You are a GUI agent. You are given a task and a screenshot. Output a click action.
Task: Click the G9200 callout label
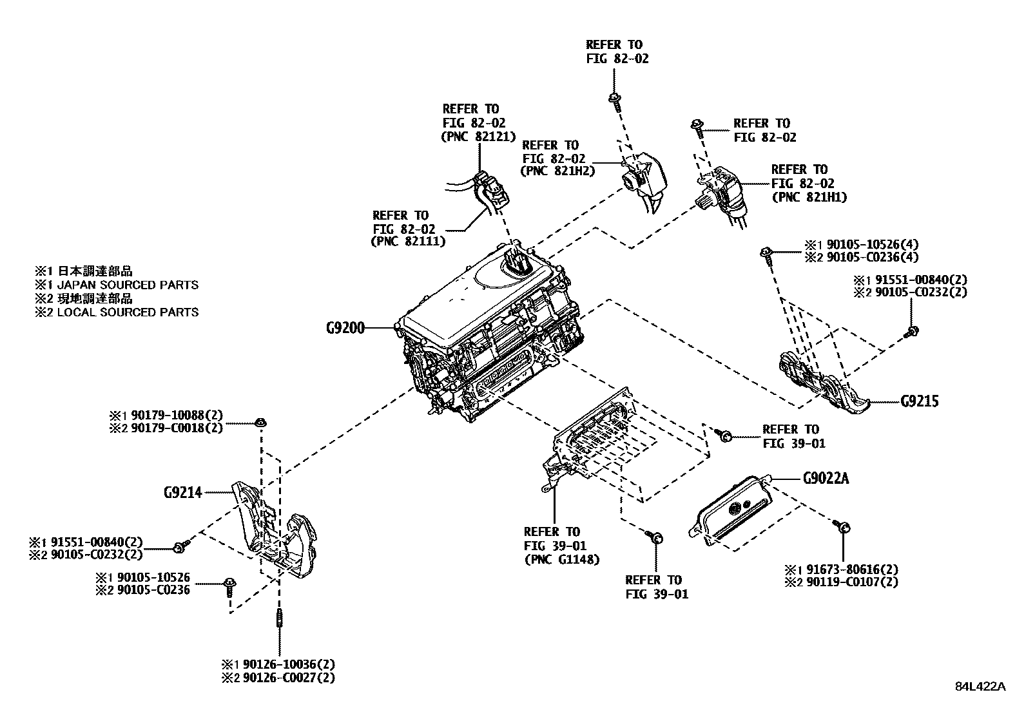coord(345,328)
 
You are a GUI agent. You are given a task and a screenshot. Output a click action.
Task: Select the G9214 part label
coord(182,493)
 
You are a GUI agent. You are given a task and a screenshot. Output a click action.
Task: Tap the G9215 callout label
coord(920,401)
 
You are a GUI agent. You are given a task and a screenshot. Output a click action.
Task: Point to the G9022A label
coord(826,479)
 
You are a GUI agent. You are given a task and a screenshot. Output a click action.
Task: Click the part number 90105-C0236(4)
coord(872,257)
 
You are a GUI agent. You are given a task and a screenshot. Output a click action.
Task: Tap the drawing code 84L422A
coord(980,686)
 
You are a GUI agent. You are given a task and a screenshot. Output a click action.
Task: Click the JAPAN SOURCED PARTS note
coord(128,285)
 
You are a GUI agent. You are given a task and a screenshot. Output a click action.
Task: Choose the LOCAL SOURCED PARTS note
coord(128,312)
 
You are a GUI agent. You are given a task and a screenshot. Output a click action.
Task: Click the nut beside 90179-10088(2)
coord(261,423)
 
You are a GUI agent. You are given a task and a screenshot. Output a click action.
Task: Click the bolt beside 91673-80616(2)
coord(841,527)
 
